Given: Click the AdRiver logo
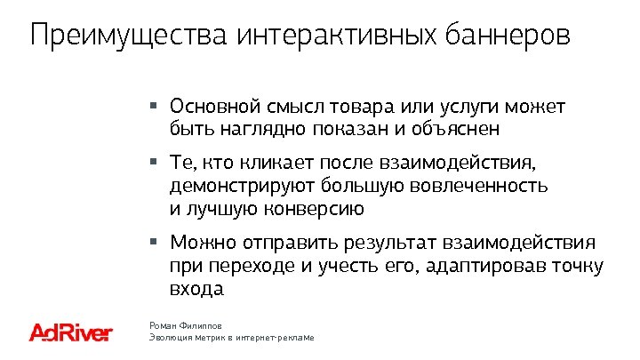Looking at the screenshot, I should tap(71, 332).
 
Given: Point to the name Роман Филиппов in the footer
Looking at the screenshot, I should tap(185, 326).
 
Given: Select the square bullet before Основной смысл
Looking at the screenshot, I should tap(154, 104).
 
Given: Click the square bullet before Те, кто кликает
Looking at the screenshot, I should tap(154, 162).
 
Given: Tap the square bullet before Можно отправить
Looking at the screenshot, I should tap(154, 240).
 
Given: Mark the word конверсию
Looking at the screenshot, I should tap(315, 210).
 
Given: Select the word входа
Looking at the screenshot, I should tap(195, 289).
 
